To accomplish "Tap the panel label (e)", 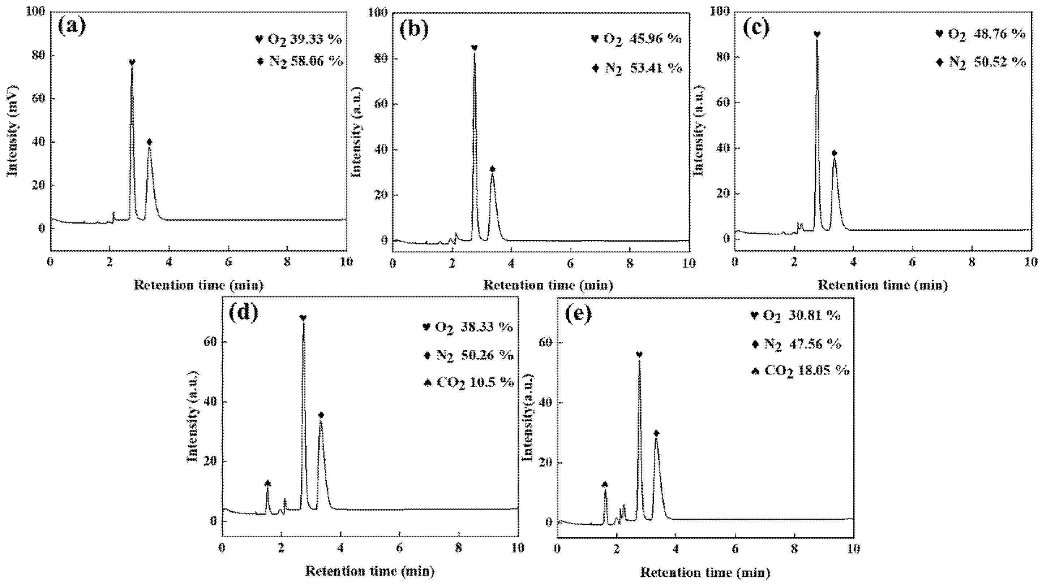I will (x=578, y=314).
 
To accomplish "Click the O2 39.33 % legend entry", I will (x=299, y=40).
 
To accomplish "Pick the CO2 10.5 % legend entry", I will (x=468, y=382).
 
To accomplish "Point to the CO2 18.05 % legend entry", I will (x=801, y=371).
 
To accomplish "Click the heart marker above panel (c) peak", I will (x=817, y=34).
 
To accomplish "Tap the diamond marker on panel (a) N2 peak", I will (x=149, y=142).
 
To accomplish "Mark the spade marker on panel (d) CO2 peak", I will (x=267, y=483).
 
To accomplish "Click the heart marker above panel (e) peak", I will (x=639, y=355).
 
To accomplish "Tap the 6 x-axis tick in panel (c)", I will (x=913, y=261).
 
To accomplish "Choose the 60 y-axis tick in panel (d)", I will (x=211, y=342).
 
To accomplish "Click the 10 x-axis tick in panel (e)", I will (x=853, y=549).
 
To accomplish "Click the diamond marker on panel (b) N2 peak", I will (x=492, y=169).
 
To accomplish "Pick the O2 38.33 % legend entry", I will (x=467, y=327).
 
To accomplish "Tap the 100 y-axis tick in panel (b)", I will (x=377, y=13).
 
